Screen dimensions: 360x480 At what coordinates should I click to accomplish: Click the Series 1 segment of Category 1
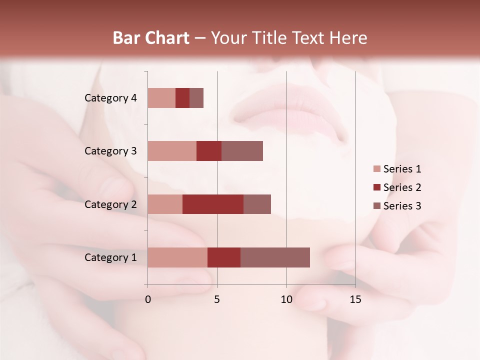tap(177, 257)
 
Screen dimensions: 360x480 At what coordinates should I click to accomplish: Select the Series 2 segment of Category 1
tap(224, 257)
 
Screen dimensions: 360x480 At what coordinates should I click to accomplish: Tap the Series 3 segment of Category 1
tap(275, 257)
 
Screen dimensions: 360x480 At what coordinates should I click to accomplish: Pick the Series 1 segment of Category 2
tap(165, 204)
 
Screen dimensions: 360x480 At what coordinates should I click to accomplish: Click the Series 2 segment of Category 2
tap(213, 204)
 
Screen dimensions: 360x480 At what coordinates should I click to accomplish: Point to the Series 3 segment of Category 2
tap(257, 204)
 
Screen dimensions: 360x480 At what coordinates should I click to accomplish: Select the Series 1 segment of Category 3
tap(172, 151)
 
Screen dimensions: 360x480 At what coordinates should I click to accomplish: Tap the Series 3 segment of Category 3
tap(242, 151)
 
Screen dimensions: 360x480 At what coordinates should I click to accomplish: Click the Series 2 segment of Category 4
tap(182, 98)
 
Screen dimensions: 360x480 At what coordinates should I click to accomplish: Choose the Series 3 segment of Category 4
tap(196, 98)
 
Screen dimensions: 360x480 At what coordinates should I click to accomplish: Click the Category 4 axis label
tap(110, 98)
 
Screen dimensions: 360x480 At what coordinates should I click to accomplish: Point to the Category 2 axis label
tap(110, 204)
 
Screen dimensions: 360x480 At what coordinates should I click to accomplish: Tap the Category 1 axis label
tap(110, 257)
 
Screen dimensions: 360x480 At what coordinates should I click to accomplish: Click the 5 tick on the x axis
tap(217, 299)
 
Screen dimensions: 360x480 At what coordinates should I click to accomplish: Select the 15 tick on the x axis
tap(355, 299)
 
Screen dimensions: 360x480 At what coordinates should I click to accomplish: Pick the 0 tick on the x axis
tap(148, 299)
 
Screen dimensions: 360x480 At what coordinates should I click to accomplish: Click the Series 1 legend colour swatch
tap(377, 169)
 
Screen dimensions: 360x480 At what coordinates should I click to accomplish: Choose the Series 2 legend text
tap(402, 187)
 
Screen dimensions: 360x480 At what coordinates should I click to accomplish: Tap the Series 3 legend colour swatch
tap(377, 206)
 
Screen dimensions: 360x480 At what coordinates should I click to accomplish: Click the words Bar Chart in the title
tap(151, 38)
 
